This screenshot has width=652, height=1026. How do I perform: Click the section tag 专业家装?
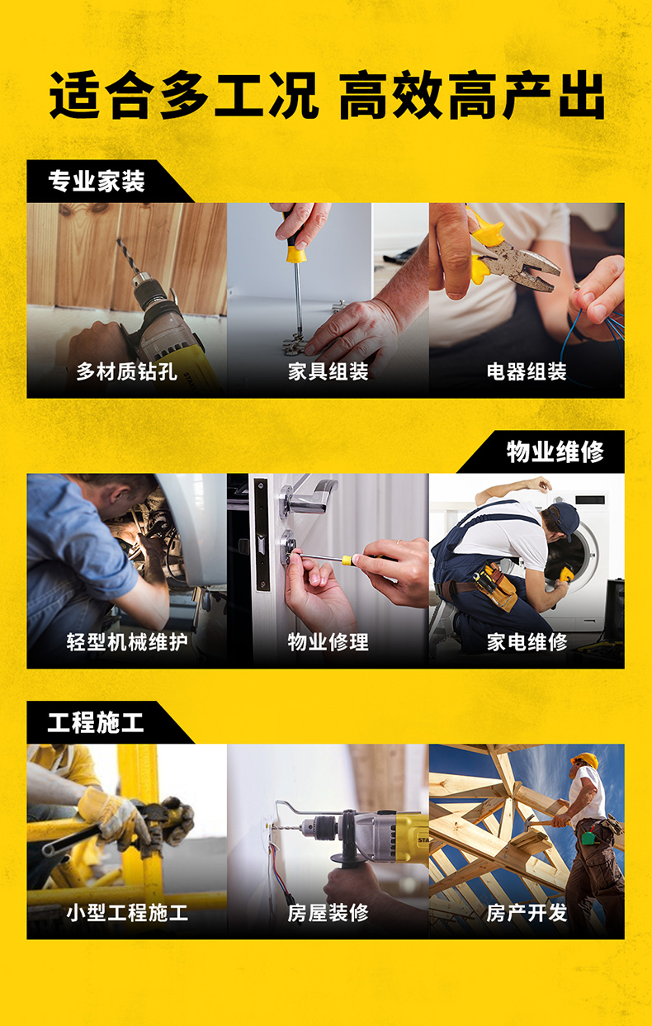tap(97, 182)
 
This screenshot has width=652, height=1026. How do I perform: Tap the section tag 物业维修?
tap(555, 452)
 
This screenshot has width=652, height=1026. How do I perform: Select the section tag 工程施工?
tap(96, 722)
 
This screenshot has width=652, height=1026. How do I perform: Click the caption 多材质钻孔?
tap(126, 371)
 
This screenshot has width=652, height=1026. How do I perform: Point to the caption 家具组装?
tap(328, 371)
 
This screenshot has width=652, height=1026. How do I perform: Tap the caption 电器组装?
tap(527, 371)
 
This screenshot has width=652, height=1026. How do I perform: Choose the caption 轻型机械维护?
tap(127, 641)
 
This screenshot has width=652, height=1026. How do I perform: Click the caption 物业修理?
tap(328, 641)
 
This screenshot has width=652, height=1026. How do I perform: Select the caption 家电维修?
tap(527, 641)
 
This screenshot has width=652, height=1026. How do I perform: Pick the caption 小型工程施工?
tap(127, 912)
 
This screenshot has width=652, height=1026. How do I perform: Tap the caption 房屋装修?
tap(328, 912)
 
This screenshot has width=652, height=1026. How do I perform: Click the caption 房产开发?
tap(527, 912)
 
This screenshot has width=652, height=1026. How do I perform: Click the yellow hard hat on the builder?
tap(585, 760)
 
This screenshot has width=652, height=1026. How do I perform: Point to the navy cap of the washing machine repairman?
tap(565, 517)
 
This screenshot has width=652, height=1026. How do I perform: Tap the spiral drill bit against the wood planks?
tap(128, 256)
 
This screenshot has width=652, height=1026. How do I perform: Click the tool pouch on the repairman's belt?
tap(496, 587)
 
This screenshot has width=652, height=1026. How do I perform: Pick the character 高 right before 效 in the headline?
tap(363, 95)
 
